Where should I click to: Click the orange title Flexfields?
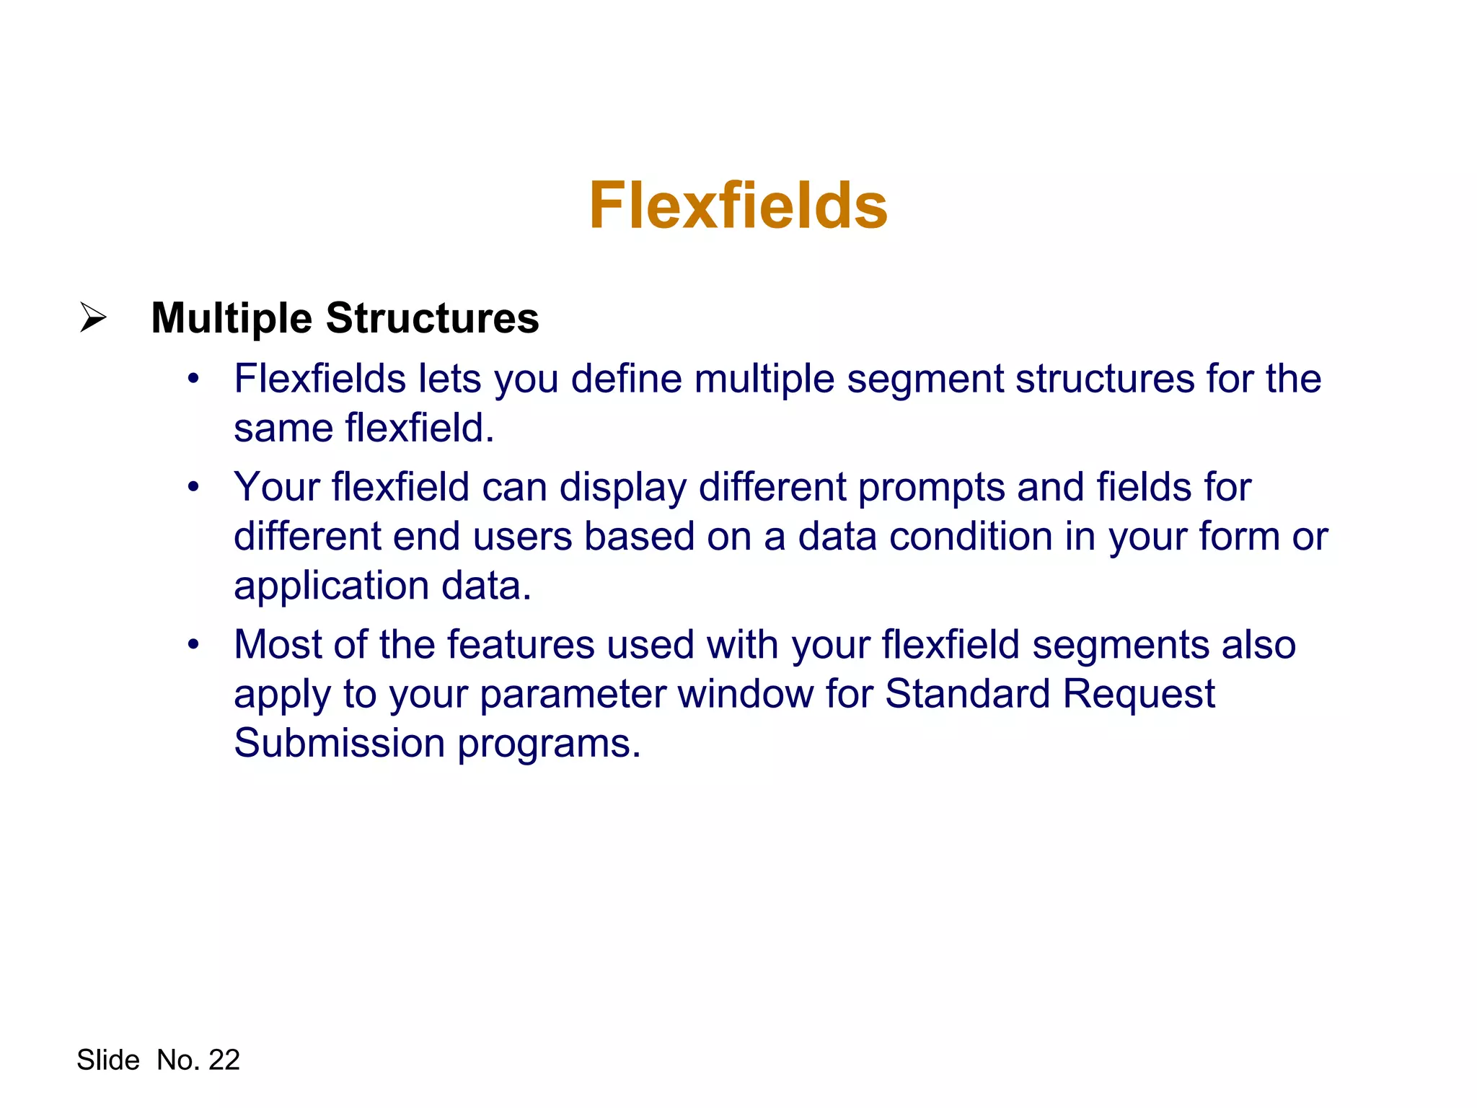point(738,206)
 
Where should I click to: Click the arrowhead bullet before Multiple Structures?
point(93,317)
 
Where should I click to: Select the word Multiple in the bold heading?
point(232,318)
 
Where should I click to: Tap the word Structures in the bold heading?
point(432,318)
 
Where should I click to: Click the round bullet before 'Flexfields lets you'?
point(193,379)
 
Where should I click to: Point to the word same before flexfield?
point(283,428)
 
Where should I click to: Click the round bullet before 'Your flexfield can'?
point(193,487)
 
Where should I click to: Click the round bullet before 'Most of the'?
point(193,644)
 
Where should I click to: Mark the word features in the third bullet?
point(521,644)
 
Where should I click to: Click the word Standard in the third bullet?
point(968,694)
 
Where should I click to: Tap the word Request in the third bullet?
point(1139,694)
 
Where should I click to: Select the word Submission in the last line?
point(340,743)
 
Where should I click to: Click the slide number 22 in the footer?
point(224,1060)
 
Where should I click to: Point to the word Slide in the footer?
point(108,1060)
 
